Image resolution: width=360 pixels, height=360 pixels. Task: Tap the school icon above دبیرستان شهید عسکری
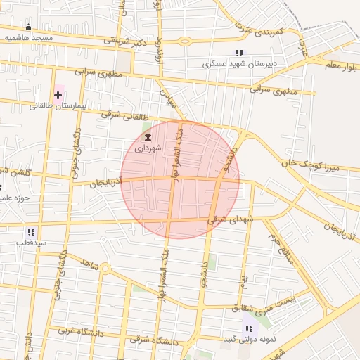(239, 53)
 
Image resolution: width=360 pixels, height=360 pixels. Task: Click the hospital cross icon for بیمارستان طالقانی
(58, 94)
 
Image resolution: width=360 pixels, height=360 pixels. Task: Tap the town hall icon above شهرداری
(148, 138)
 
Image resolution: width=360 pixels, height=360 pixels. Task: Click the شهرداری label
(148, 148)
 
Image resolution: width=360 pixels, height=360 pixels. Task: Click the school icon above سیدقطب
(31, 231)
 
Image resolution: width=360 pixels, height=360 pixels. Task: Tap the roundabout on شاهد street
(105, 268)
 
